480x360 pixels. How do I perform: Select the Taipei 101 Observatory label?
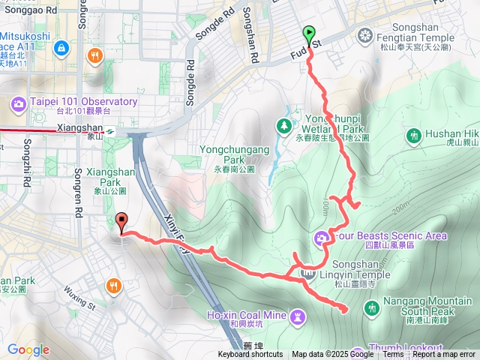84,102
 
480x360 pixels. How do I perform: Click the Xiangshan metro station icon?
110,129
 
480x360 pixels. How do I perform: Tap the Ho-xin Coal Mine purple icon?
298,316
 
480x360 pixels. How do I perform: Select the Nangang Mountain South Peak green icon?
372,307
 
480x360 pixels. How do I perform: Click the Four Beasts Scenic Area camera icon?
322,237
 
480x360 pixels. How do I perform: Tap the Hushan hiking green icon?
413,136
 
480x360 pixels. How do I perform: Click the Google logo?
28,349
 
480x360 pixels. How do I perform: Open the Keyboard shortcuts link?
250,355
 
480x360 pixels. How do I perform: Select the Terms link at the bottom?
393,355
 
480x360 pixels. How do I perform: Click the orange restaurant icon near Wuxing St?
113,286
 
